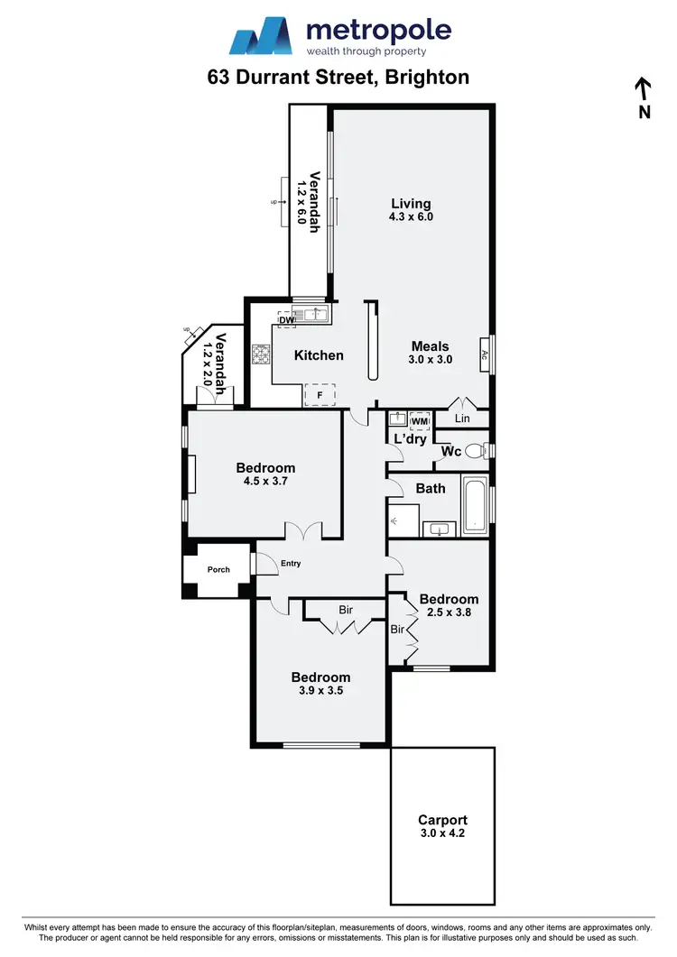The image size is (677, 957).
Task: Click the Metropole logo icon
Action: (x=263, y=37)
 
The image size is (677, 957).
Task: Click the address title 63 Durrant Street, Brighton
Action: (x=338, y=77)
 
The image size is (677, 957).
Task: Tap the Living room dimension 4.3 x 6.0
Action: (x=411, y=216)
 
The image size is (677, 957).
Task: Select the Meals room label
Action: (x=430, y=345)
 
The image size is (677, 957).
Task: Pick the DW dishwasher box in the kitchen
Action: (x=287, y=319)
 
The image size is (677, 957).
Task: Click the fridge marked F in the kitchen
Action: (x=319, y=394)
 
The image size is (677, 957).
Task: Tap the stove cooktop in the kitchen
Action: (x=261, y=354)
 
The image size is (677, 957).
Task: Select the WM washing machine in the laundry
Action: (x=419, y=420)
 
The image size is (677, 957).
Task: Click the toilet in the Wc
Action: (x=477, y=450)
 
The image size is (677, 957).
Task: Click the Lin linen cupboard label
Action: (x=463, y=419)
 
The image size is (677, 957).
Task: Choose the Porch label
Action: (x=218, y=570)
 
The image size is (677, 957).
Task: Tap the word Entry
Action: (x=291, y=564)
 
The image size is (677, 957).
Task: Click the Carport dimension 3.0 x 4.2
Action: (x=442, y=833)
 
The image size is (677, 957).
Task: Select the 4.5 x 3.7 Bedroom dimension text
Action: (x=265, y=481)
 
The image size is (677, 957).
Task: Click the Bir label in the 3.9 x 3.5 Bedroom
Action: (x=346, y=611)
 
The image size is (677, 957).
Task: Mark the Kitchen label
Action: (x=319, y=355)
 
